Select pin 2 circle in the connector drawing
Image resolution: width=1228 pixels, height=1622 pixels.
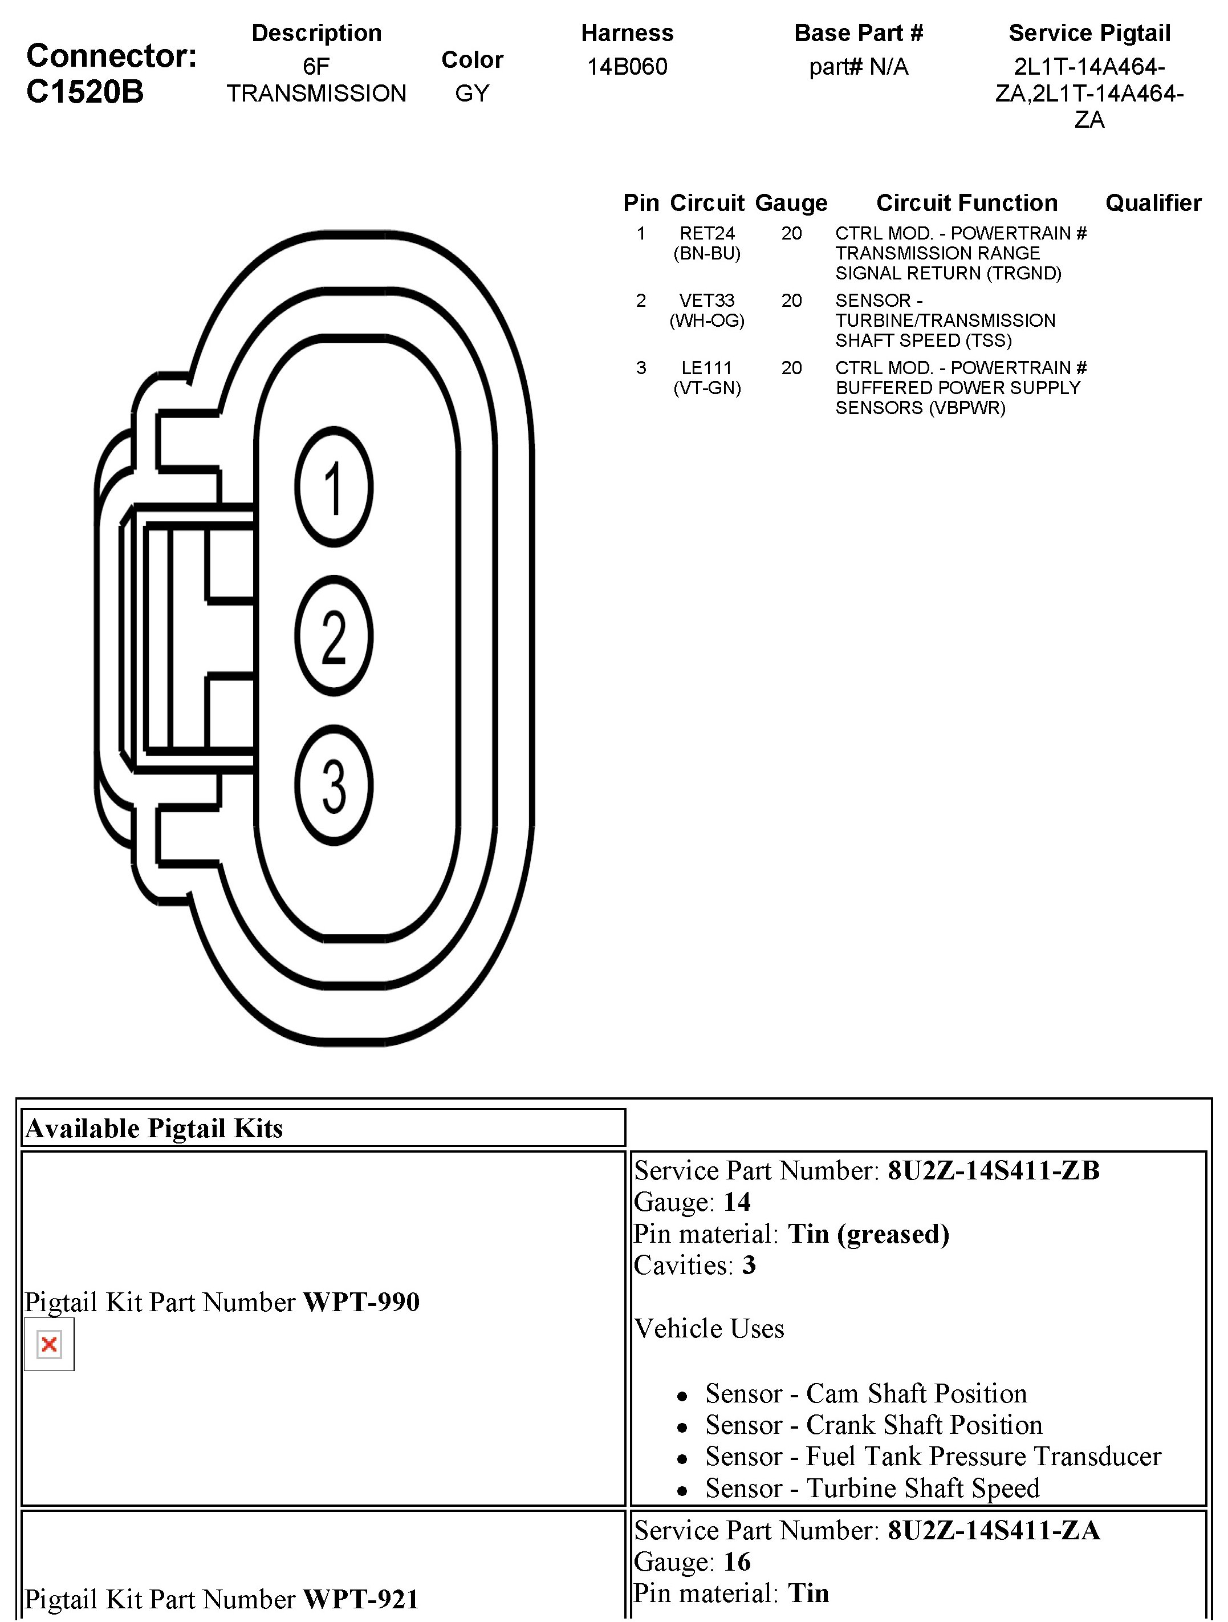pos(334,636)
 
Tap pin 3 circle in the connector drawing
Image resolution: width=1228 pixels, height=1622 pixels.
pos(334,785)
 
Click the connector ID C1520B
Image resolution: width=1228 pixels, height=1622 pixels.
pos(85,92)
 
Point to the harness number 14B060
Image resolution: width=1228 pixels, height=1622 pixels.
pos(627,67)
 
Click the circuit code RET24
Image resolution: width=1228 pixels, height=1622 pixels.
pos(707,233)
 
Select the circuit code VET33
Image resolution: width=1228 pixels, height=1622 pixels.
pos(707,301)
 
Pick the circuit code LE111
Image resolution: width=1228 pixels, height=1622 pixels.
pos(707,368)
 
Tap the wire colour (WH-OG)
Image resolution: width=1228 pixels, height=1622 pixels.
pos(707,321)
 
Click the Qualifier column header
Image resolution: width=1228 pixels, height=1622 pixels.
pos(1153,202)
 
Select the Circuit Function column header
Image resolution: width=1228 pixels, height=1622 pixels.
pos(967,202)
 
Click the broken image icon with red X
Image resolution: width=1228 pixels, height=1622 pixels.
pos(49,1344)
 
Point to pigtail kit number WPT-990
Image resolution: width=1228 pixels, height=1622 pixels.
pos(361,1301)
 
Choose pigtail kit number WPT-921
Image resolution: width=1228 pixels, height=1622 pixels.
pos(361,1599)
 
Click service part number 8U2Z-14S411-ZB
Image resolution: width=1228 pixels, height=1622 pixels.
pos(993,1170)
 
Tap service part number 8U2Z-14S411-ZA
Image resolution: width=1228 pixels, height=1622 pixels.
pos(993,1530)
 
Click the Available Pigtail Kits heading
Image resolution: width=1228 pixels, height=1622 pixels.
pos(154,1128)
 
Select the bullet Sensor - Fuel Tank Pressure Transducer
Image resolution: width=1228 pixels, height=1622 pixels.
pos(933,1455)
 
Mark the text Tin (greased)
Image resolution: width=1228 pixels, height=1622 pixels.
pos(869,1234)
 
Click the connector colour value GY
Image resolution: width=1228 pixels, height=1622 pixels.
pos(471,93)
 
